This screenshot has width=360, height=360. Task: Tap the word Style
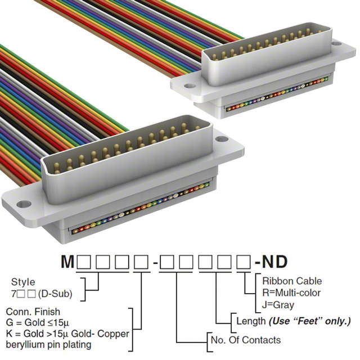pyautogui.click(x=23, y=282)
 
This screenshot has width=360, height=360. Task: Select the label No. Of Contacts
pyautogui.click(x=245, y=340)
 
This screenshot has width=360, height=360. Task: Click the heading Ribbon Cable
pyautogui.click(x=292, y=281)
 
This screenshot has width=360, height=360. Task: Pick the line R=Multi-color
pyautogui.click(x=292, y=292)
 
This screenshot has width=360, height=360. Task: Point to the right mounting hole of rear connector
pyautogui.click(x=336, y=43)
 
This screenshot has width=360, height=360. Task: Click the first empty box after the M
pyautogui.click(x=84, y=262)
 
